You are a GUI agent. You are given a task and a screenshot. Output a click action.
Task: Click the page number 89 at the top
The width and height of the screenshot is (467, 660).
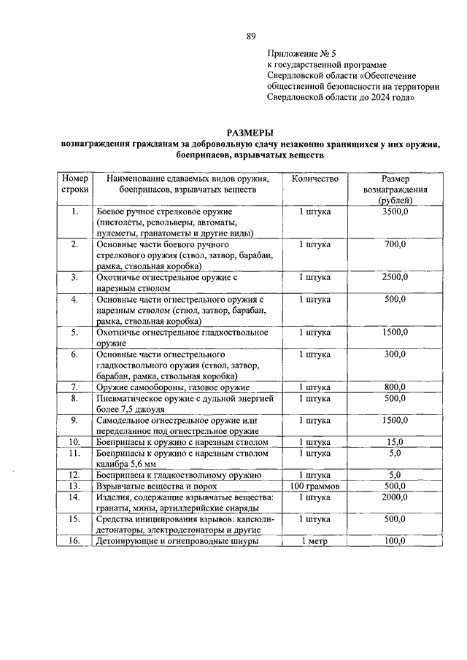point(251,36)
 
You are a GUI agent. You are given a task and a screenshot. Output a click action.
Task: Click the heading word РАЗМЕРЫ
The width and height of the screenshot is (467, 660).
point(250,133)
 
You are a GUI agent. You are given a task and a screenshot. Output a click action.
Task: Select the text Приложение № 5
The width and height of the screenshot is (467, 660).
point(301,54)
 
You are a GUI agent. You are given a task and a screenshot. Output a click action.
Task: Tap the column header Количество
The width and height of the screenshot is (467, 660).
point(315,179)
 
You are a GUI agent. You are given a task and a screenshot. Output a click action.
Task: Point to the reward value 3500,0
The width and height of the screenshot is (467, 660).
point(395,211)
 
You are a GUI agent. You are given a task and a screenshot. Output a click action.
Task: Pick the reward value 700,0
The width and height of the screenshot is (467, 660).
point(395,244)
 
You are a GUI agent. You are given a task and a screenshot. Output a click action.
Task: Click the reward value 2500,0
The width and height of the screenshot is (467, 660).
point(395,277)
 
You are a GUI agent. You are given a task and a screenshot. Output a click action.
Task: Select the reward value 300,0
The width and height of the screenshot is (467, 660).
point(395,354)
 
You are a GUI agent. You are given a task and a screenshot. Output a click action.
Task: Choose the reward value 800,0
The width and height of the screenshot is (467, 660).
point(395,387)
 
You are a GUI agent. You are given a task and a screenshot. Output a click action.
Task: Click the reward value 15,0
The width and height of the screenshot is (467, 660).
point(395,442)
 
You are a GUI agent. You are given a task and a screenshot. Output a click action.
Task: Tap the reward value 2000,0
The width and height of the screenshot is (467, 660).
point(395,497)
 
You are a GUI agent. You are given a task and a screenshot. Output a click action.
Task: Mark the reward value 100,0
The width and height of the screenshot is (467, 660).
point(395,541)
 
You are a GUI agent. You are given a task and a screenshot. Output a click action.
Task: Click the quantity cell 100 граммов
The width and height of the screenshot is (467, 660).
point(315,486)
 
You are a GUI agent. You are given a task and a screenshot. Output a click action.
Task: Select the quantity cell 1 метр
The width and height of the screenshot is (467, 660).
point(315,541)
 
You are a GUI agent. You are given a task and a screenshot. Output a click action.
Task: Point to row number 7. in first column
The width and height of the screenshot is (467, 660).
point(74,387)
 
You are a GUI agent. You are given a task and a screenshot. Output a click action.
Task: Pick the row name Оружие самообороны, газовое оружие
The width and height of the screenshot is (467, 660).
point(173,387)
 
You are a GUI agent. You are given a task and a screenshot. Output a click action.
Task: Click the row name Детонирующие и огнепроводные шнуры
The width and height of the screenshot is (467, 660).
point(177,541)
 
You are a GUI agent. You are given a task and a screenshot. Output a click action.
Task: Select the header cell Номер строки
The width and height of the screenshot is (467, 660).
point(74,184)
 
